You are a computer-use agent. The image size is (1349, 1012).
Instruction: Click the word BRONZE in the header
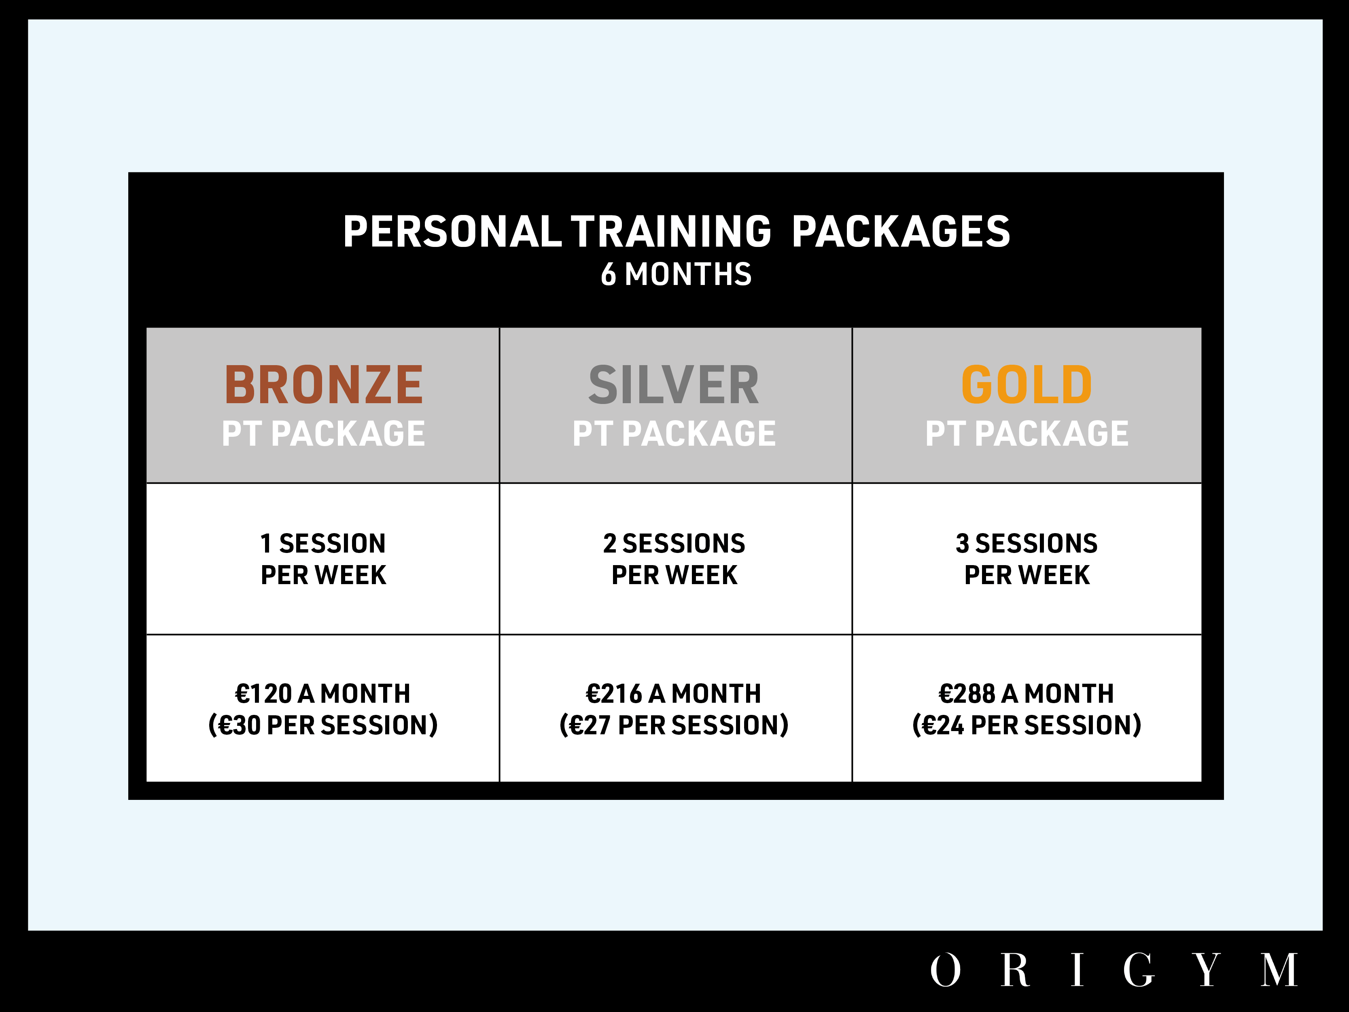click(x=323, y=385)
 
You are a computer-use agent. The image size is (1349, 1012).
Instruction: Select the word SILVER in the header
click(x=674, y=385)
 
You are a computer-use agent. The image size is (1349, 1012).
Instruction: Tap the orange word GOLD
click(x=1027, y=385)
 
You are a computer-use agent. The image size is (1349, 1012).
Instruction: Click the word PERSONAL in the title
click(x=452, y=232)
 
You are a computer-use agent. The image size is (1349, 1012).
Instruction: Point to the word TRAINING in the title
click(x=671, y=232)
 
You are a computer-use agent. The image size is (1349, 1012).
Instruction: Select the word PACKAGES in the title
click(x=901, y=232)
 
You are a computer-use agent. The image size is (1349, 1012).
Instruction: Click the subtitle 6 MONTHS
click(x=676, y=274)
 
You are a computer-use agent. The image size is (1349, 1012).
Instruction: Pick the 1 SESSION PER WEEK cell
click(x=323, y=559)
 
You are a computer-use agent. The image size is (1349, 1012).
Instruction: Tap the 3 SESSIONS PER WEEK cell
click(x=1027, y=559)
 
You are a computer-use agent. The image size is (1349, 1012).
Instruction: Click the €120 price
click(x=263, y=693)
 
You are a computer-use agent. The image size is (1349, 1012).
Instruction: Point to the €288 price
click(x=967, y=693)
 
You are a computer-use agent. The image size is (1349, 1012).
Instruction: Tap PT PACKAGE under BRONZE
click(x=323, y=434)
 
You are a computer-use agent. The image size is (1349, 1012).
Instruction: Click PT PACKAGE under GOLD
click(x=1027, y=434)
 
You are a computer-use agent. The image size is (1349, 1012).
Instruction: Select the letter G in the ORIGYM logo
click(x=1139, y=969)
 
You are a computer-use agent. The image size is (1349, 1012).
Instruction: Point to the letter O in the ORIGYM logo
click(x=945, y=969)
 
